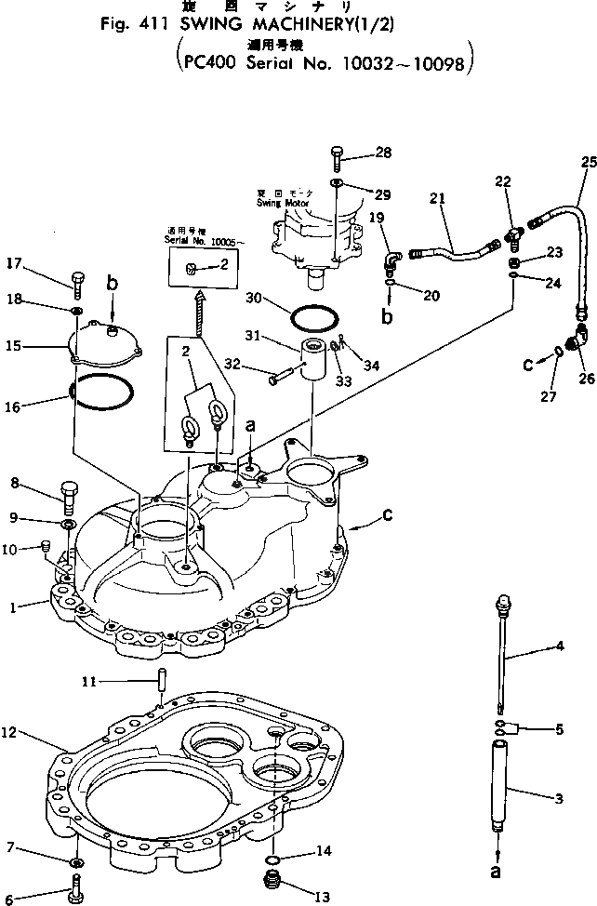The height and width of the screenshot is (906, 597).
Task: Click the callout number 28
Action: coord(384,152)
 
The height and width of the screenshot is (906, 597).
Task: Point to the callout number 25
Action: coord(588,162)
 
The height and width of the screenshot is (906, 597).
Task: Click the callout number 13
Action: coord(323,897)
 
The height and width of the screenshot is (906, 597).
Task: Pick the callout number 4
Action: coord(561,646)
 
